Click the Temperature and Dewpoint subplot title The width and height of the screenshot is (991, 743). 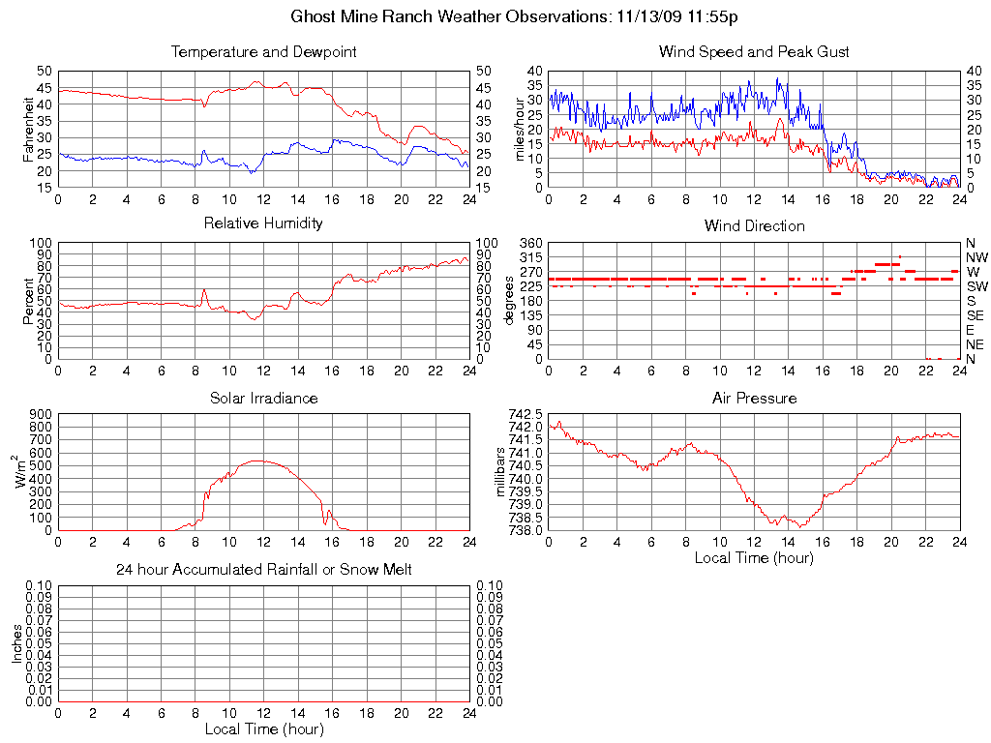263,51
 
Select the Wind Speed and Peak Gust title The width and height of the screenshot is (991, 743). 754,51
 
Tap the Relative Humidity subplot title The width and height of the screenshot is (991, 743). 263,223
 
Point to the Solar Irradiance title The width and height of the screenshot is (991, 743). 263,398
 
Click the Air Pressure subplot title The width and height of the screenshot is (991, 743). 754,398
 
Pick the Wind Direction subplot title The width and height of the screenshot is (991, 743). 754,225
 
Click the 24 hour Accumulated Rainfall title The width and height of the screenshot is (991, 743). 263,570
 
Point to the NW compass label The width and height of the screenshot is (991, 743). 976,257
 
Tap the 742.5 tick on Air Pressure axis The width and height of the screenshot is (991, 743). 527,414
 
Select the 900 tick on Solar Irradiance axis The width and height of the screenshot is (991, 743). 40,414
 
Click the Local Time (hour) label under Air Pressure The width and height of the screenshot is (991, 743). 754,557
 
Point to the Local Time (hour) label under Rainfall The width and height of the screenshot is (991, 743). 263,728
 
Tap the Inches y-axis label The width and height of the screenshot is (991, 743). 16,644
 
